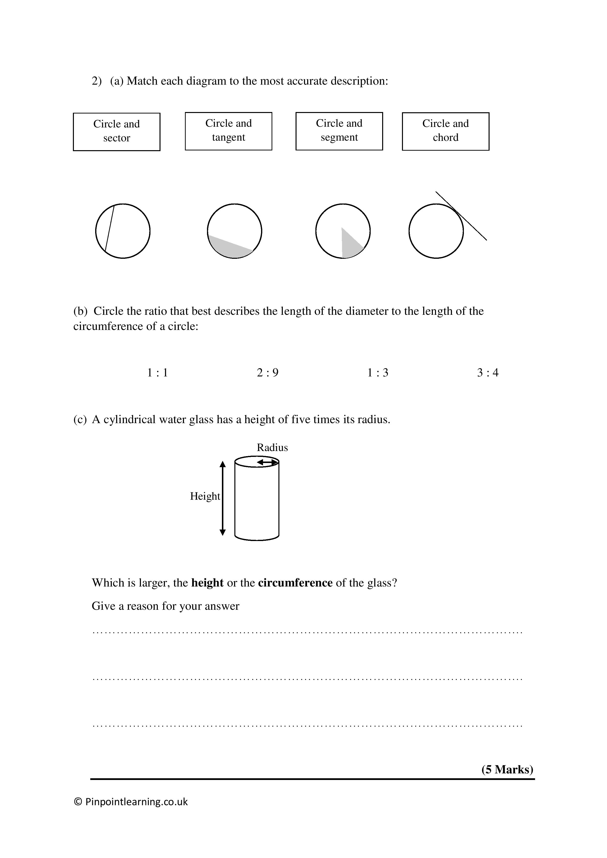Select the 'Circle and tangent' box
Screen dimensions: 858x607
click(x=228, y=131)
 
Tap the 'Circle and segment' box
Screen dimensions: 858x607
click(x=339, y=131)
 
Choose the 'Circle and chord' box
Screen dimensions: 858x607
click(x=446, y=131)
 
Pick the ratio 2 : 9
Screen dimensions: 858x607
click(x=268, y=373)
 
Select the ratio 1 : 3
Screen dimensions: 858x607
click(x=378, y=373)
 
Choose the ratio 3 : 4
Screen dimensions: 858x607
click(x=488, y=373)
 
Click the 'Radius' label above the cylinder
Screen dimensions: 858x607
click(x=272, y=447)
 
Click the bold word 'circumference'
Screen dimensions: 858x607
click(x=295, y=583)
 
